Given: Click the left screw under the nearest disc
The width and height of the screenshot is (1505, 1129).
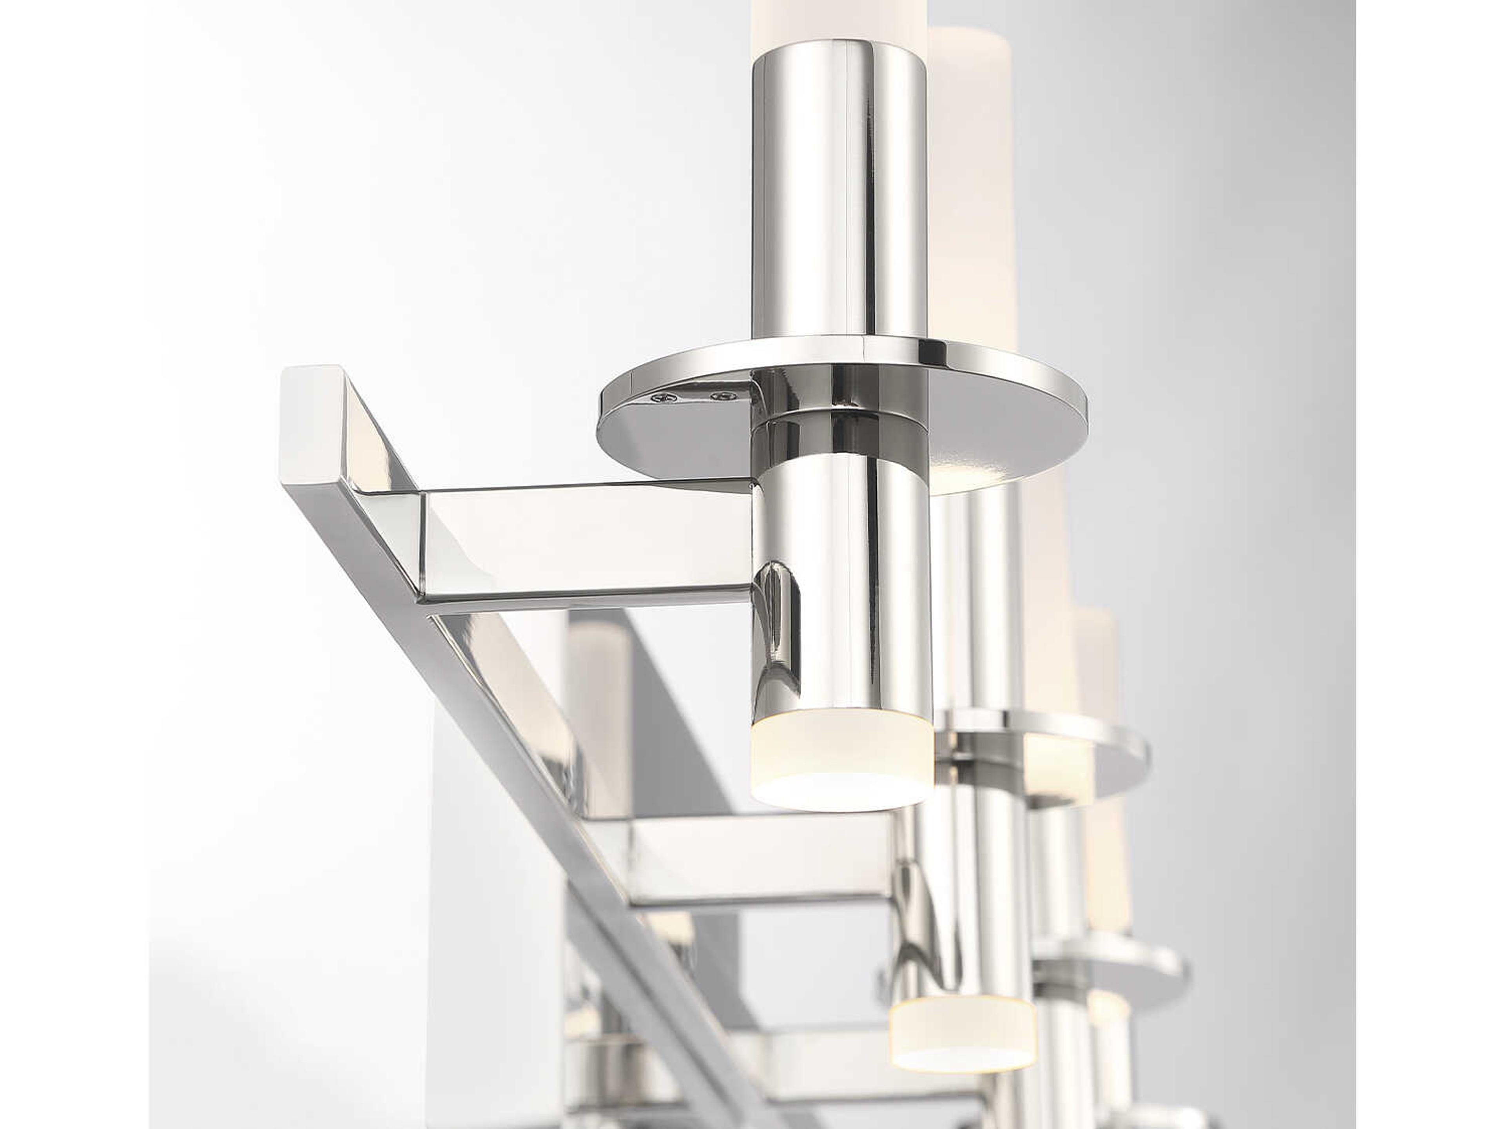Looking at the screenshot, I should point(658,399).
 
